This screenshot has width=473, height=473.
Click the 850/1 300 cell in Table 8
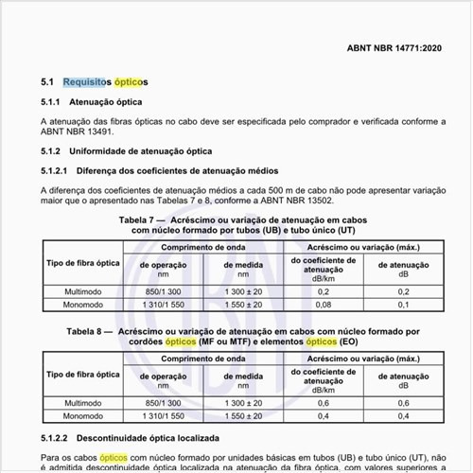tap(164, 402)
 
